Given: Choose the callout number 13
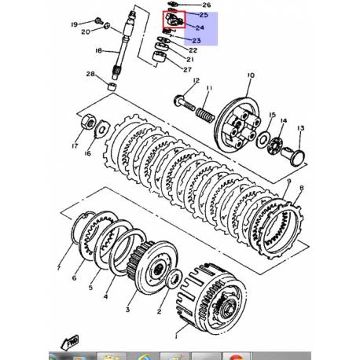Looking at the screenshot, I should [x=300, y=128].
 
